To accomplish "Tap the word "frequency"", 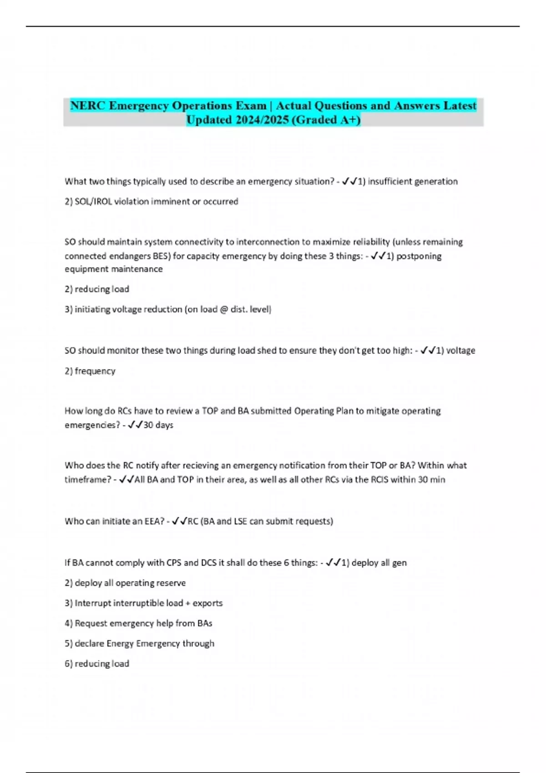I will (95, 371).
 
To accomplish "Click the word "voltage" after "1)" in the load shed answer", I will (460, 351).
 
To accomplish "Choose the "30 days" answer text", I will (158, 425).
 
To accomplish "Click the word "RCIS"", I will (379, 480).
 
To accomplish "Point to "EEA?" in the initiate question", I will (154, 521).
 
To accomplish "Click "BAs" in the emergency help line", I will (205, 623).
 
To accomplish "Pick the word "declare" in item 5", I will (89, 643).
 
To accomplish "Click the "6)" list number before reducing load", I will (69, 664).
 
